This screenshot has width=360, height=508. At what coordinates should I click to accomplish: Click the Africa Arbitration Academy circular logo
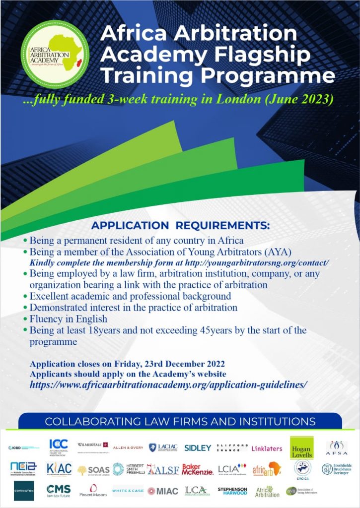point(55,54)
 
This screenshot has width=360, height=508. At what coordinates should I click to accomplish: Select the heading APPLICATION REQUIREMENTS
point(180,225)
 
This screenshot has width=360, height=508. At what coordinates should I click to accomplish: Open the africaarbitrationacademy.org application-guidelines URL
point(169,384)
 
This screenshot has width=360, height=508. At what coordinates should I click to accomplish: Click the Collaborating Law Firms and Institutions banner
point(180,422)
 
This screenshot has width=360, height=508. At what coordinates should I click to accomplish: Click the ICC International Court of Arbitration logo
point(58,447)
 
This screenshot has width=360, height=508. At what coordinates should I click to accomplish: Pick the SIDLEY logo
point(198,448)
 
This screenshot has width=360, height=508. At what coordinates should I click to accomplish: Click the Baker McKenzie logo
point(198,469)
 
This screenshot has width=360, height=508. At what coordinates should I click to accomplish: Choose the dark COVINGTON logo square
point(24,490)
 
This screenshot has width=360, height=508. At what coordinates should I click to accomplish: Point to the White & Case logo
point(128,491)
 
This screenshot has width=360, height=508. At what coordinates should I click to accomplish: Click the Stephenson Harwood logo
point(232,491)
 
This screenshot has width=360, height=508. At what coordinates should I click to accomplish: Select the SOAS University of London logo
point(93,470)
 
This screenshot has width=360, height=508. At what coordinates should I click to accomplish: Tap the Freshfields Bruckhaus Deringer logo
point(341,469)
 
